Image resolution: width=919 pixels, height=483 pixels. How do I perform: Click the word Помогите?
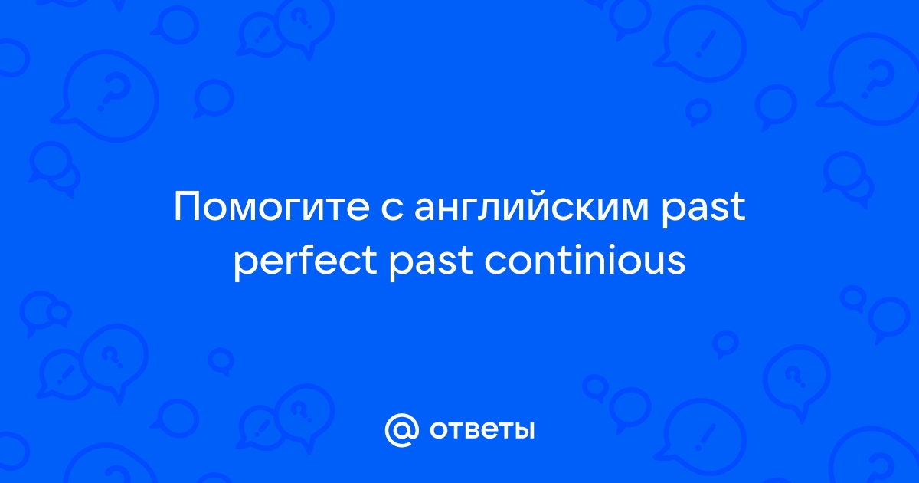click(272, 206)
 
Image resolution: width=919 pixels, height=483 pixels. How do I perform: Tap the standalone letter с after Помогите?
click(391, 209)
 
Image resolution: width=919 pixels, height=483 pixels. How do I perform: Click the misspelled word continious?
click(585, 260)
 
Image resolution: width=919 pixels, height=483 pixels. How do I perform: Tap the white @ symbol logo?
click(401, 430)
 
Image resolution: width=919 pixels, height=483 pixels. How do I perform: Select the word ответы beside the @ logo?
click(482, 431)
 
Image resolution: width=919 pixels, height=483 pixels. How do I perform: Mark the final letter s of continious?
click(675, 263)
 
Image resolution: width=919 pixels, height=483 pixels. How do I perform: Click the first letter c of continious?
click(495, 263)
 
